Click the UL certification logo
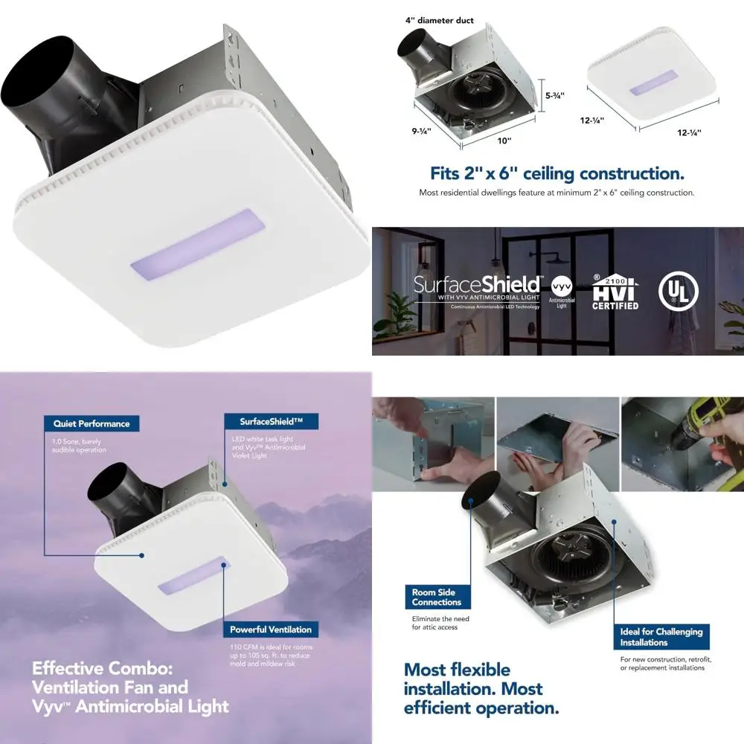[x=674, y=291]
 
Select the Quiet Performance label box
[x=92, y=423]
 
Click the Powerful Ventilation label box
[x=270, y=629]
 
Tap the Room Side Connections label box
[x=437, y=597]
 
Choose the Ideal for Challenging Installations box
[x=661, y=637]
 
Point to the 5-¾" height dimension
[x=555, y=96]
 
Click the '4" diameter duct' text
[x=440, y=21]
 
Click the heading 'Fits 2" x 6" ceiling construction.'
[x=557, y=173]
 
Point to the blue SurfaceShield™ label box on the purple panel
[x=270, y=422]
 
